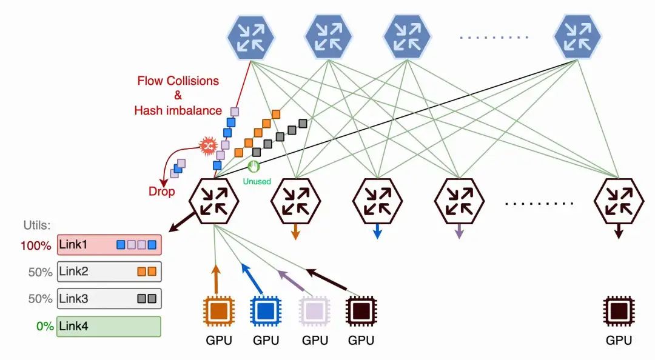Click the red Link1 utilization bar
(x=109, y=245)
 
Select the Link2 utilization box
(x=109, y=272)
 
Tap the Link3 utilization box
(x=109, y=298)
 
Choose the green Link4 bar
(x=109, y=326)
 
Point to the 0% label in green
(x=44, y=327)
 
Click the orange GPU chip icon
(x=218, y=312)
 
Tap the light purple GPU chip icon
(x=314, y=312)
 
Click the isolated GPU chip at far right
(x=619, y=312)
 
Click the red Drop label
(x=161, y=192)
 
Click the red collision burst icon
(x=208, y=146)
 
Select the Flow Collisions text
(x=178, y=81)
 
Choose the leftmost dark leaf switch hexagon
(x=213, y=201)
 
